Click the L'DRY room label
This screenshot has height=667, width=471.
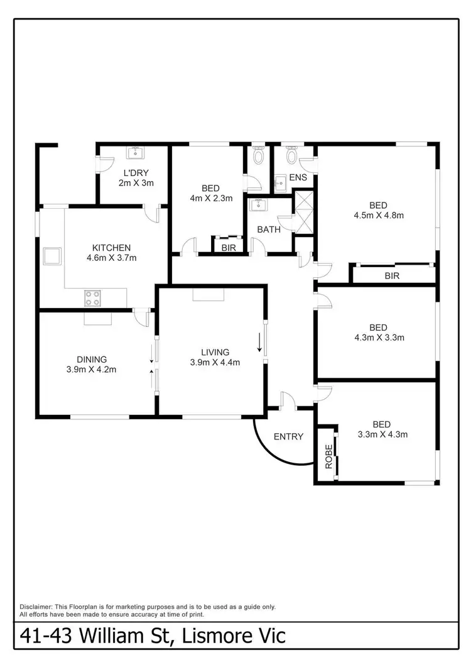click(x=136, y=172)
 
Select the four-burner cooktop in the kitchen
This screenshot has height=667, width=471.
click(x=93, y=297)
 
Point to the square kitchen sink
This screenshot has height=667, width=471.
click(x=51, y=256)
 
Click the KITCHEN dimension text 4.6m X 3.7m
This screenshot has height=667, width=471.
click(x=111, y=258)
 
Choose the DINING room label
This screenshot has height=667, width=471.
click(x=92, y=359)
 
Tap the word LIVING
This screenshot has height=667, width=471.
click(x=215, y=351)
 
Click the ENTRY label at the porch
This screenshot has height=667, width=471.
click(x=289, y=436)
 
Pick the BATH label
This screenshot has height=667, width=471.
click(x=269, y=229)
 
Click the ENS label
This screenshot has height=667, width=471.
click(x=298, y=177)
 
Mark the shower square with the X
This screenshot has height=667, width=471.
click(x=304, y=205)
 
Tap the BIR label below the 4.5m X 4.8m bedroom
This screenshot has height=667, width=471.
click(x=392, y=275)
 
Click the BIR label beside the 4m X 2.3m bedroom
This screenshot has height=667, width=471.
click(x=229, y=248)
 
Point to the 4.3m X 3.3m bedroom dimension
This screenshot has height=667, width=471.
click(x=378, y=338)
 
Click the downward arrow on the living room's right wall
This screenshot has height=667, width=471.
click(x=259, y=344)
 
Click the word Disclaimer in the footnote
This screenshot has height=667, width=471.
click(x=40, y=607)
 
